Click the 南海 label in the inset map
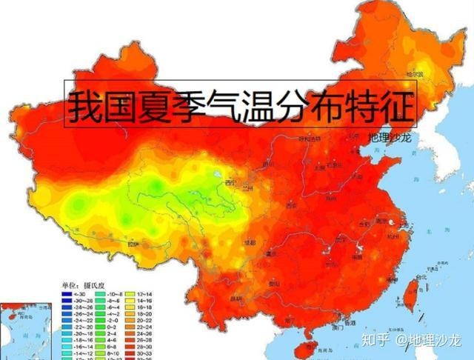[16, 336]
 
